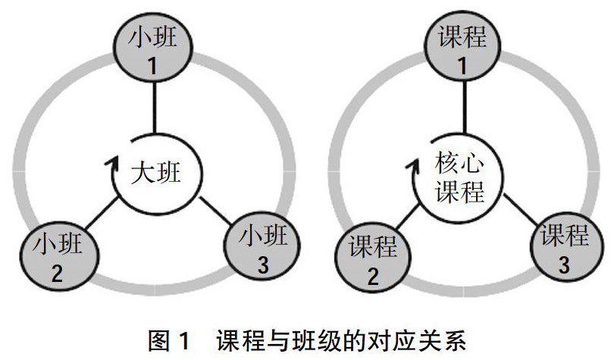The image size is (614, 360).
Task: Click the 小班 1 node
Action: pyautogui.click(x=154, y=49)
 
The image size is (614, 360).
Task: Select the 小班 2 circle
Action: pyautogui.click(x=57, y=258)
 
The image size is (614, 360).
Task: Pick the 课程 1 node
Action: pyautogui.click(x=461, y=49)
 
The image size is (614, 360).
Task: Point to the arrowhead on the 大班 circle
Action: pyautogui.click(x=114, y=161)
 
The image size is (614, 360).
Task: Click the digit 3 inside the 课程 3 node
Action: pyautogui.click(x=564, y=264)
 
